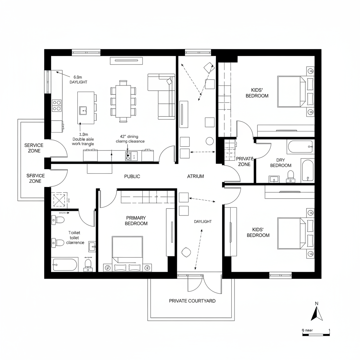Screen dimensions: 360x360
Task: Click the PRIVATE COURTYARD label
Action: click(x=192, y=301)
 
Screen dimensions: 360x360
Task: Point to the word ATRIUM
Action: click(x=195, y=176)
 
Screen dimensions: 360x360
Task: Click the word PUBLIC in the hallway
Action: click(x=132, y=176)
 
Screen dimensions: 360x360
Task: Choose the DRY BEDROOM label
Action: click(x=281, y=162)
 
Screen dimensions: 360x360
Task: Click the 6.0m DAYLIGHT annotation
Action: click(x=78, y=79)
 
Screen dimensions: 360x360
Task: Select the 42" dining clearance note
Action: click(x=130, y=139)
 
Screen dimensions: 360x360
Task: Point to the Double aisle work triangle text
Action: click(x=83, y=139)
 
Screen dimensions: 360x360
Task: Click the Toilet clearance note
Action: click(x=75, y=238)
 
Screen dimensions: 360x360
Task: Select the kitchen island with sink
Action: click(x=85, y=108)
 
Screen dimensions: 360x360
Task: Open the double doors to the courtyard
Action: click(x=199, y=283)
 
